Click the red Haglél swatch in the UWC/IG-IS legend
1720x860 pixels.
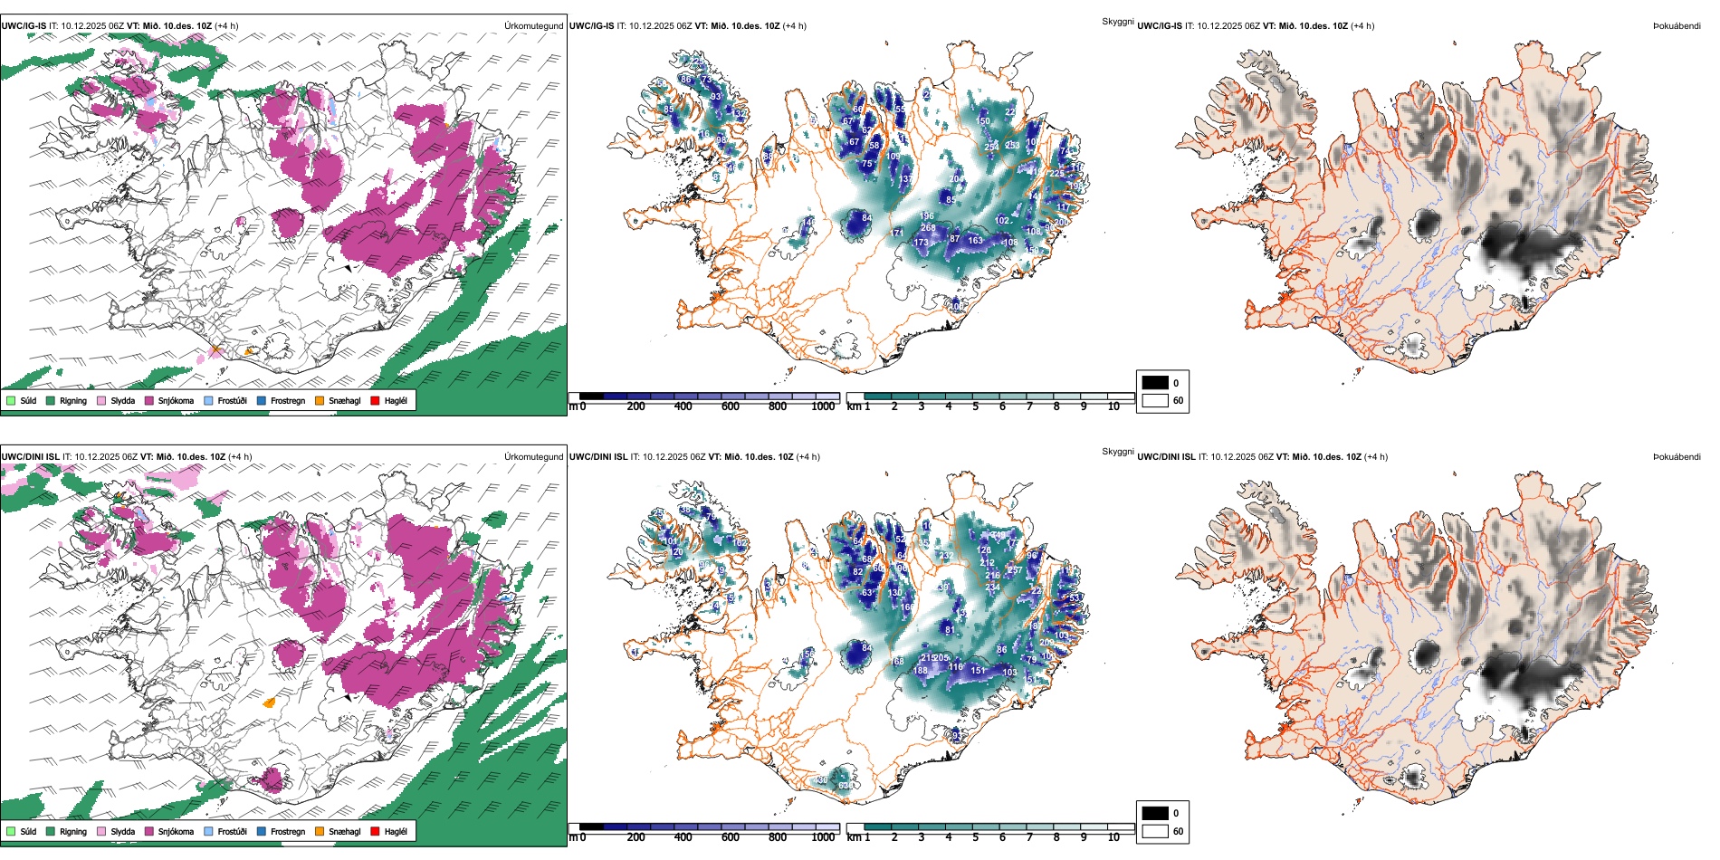pyautogui.click(x=376, y=400)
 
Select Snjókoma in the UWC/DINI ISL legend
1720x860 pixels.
pyautogui.click(x=175, y=831)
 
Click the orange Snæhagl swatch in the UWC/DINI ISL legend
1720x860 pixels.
pyautogui.click(x=320, y=831)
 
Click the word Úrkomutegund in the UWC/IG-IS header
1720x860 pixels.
pyautogui.click(x=533, y=26)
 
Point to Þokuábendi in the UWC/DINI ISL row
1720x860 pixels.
pyautogui.click(x=1677, y=457)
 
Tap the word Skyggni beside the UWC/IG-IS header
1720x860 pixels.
pyautogui.click(x=1117, y=22)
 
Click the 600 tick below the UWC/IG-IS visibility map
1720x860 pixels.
pyautogui.click(x=731, y=407)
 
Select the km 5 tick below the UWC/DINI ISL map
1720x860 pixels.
pyautogui.click(x=975, y=837)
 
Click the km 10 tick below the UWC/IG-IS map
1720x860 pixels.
pyautogui.click(x=1113, y=407)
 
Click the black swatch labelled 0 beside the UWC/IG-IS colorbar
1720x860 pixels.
pyautogui.click(x=1155, y=383)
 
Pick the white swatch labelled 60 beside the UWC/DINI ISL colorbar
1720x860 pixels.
pyautogui.click(x=1155, y=831)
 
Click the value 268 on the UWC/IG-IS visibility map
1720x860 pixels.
pyautogui.click(x=928, y=228)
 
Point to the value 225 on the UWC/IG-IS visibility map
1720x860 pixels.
pyautogui.click(x=1056, y=174)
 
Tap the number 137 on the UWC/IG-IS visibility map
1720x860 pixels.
pyautogui.click(x=905, y=179)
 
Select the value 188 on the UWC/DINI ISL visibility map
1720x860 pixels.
pyautogui.click(x=921, y=671)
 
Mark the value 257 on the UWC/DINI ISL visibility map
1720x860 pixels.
pyautogui.click(x=1015, y=570)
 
